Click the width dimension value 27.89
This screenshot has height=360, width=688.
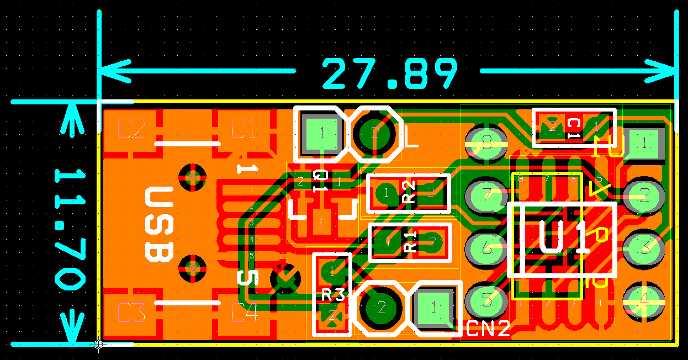(x=390, y=74)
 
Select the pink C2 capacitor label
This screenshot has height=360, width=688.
(x=131, y=129)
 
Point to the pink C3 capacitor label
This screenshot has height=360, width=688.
(x=131, y=313)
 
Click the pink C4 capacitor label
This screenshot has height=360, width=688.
(x=244, y=313)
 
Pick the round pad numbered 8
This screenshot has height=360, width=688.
(x=486, y=143)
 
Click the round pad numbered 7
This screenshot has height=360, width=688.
(x=486, y=194)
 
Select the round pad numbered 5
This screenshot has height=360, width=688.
(x=486, y=300)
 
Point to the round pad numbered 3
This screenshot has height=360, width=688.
(x=644, y=247)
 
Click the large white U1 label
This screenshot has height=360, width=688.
(x=562, y=239)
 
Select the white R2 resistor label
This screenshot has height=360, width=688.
(x=409, y=193)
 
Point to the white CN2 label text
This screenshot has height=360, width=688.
(x=488, y=329)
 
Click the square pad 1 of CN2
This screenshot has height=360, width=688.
(x=434, y=306)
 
